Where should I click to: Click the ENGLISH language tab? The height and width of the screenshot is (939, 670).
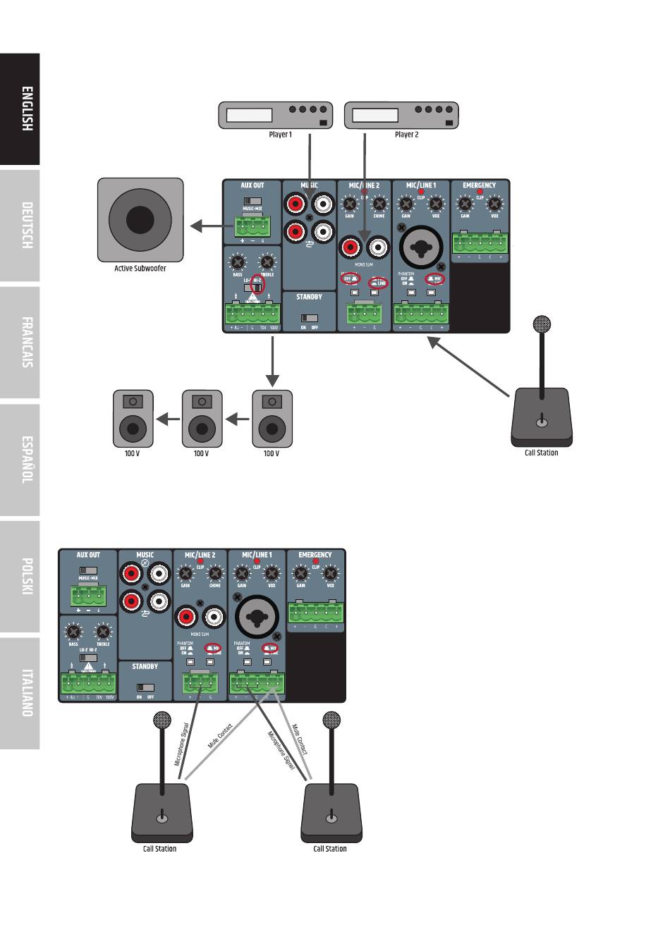tap(20, 109)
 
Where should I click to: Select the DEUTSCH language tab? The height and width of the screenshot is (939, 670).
tap(20, 226)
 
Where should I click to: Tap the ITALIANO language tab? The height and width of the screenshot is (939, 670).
tap(20, 693)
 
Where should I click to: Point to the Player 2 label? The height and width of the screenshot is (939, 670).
tap(406, 135)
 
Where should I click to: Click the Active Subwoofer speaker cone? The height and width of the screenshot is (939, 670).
tap(140, 220)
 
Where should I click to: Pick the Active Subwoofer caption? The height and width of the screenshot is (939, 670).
tap(140, 269)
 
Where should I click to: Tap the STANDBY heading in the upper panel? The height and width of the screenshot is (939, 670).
tap(309, 297)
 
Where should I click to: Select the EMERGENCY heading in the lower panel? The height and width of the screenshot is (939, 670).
tap(315, 555)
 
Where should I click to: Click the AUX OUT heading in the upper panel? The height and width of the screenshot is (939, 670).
tap(252, 186)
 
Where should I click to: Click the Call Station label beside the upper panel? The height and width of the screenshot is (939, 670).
tap(541, 453)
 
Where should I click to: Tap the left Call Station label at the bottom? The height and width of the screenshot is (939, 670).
tap(159, 849)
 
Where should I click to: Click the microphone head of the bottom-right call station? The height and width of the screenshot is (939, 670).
tap(331, 720)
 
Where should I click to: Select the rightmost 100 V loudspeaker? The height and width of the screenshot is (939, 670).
tap(272, 419)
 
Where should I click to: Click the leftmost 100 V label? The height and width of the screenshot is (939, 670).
tap(132, 454)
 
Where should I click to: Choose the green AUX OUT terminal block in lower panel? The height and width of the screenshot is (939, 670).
tap(88, 596)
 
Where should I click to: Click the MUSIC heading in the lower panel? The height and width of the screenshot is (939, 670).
tap(145, 555)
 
